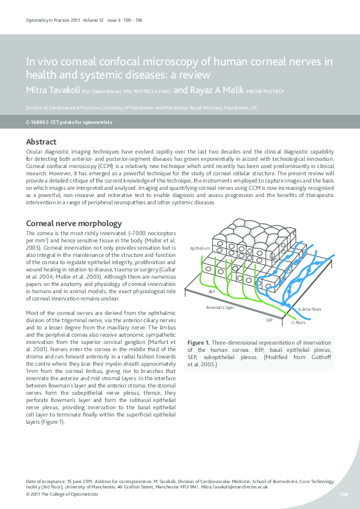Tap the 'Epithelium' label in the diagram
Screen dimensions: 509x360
(200, 248)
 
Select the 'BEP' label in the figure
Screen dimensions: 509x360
(212, 291)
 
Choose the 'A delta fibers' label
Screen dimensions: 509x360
(310, 309)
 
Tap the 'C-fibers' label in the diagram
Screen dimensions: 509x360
(298, 323)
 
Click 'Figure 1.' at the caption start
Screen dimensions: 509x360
(198, 342)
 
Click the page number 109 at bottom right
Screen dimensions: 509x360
(343, 494)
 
